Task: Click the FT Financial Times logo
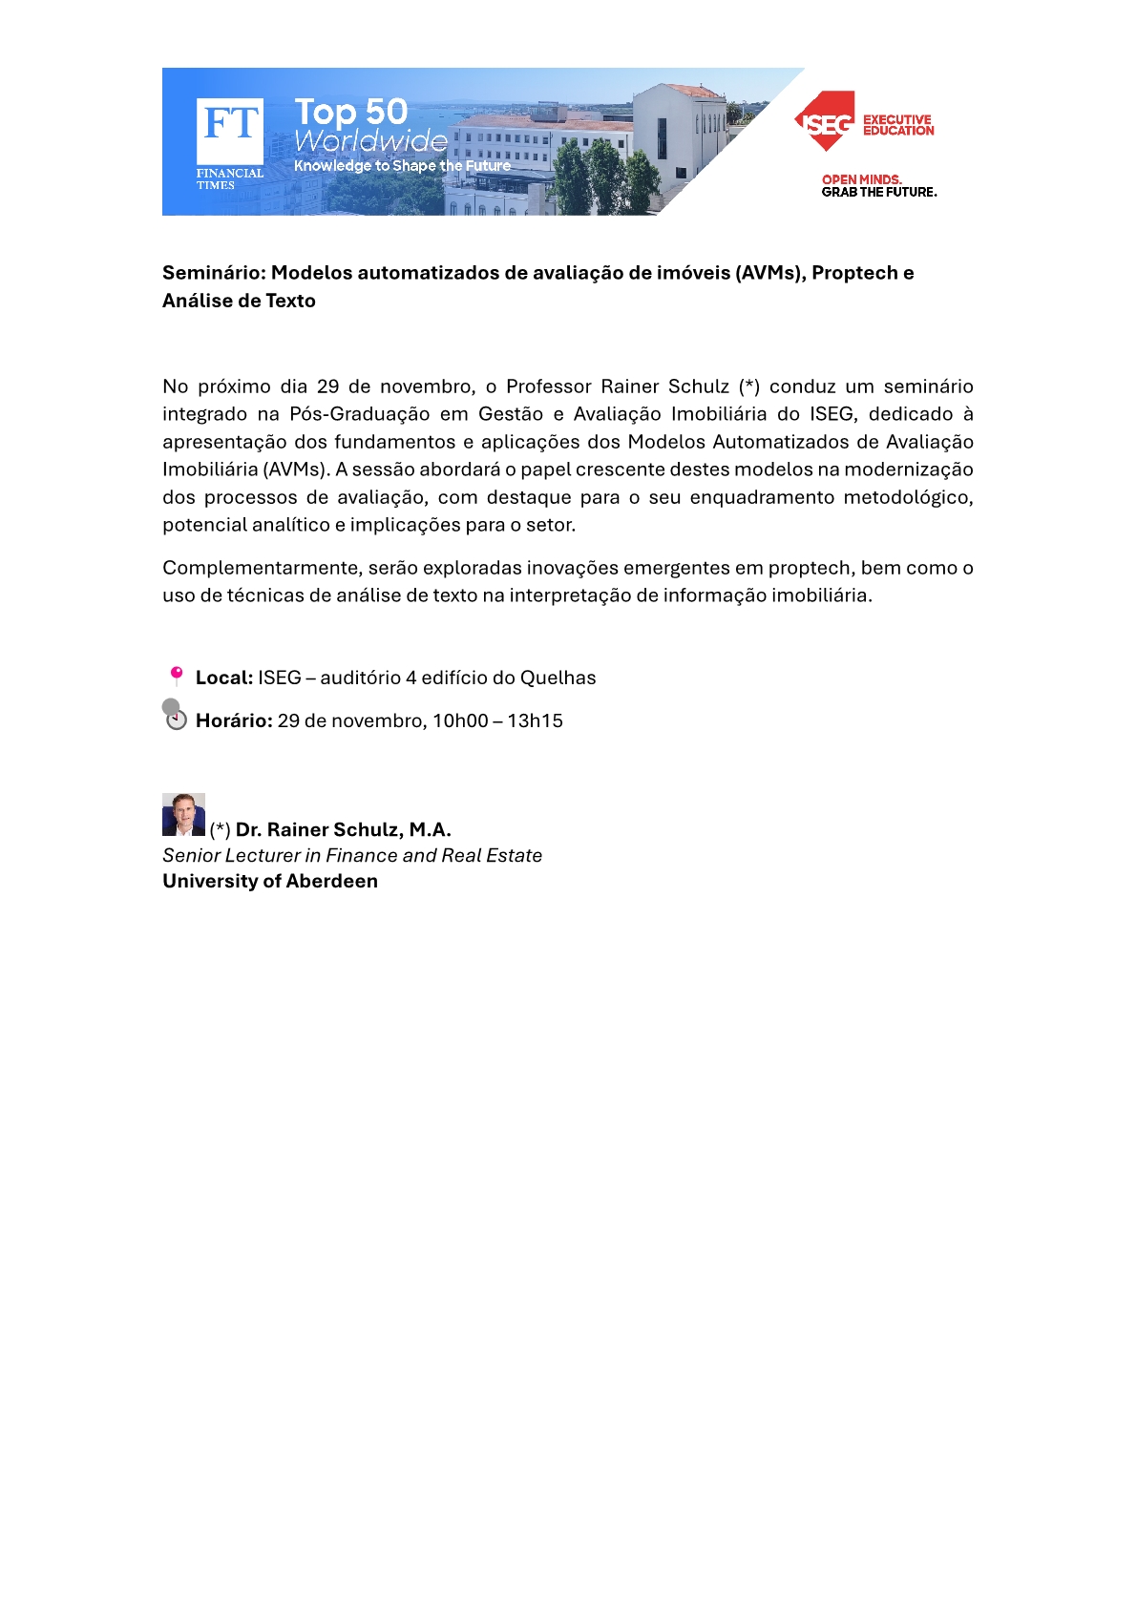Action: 229,134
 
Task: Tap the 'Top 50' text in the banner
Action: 350,112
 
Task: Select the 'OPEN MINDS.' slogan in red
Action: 861,179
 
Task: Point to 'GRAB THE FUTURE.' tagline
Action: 878,192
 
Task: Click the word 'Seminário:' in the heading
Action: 213,273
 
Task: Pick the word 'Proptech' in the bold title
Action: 855,273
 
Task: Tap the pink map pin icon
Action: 177,676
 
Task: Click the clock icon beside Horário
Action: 176,720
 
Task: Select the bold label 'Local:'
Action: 223,678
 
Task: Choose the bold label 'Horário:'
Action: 234,720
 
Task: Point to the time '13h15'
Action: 535,720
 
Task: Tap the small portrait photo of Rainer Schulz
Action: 183,815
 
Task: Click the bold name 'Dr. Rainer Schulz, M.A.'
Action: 343,829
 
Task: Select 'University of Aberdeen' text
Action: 270,881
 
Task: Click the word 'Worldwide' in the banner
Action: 370,141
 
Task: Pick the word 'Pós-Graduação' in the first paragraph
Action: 359,414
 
